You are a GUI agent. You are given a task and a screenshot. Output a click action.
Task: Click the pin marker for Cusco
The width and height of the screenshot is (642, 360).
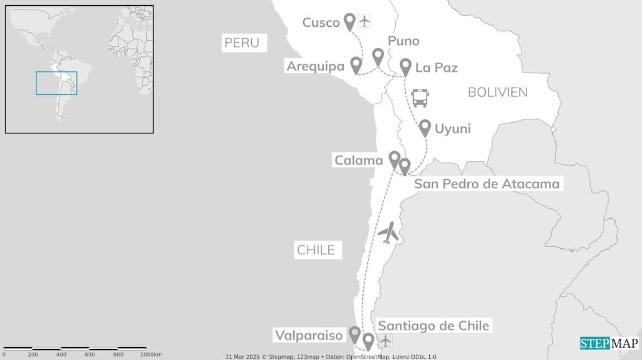350,21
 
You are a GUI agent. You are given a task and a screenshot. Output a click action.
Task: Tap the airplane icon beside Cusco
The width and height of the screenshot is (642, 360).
365,21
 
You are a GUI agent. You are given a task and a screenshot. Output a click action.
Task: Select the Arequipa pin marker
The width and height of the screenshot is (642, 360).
356,64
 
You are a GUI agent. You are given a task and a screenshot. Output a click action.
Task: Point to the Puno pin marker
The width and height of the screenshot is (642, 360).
379,55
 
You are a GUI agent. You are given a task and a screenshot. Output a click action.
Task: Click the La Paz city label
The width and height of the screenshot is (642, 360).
437,68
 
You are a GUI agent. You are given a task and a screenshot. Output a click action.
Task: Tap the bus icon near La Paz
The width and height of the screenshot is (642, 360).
420,98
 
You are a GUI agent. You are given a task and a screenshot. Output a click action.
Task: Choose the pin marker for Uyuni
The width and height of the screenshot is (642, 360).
425,127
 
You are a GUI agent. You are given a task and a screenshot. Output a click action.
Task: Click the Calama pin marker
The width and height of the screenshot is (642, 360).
395,159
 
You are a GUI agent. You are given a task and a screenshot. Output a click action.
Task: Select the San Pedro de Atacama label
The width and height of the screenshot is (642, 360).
487,184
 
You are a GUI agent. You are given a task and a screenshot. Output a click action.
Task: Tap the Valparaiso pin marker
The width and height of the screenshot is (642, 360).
354,334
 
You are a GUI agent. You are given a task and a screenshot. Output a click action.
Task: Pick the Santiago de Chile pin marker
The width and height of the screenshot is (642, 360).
368,340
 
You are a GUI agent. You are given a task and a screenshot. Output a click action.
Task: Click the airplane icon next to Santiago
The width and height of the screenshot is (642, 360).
385,340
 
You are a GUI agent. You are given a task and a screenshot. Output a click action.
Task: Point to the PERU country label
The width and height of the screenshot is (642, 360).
242,43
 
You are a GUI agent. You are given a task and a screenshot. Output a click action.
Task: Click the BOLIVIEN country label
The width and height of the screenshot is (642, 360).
497,92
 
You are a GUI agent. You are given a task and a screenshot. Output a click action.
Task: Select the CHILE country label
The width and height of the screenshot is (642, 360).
316,250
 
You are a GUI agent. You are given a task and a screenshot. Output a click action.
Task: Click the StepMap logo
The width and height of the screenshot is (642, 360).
609,343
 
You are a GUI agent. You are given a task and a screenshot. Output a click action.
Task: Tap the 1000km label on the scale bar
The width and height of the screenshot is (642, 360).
151,354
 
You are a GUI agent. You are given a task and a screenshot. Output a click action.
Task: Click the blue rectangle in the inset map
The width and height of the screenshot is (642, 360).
56,83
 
